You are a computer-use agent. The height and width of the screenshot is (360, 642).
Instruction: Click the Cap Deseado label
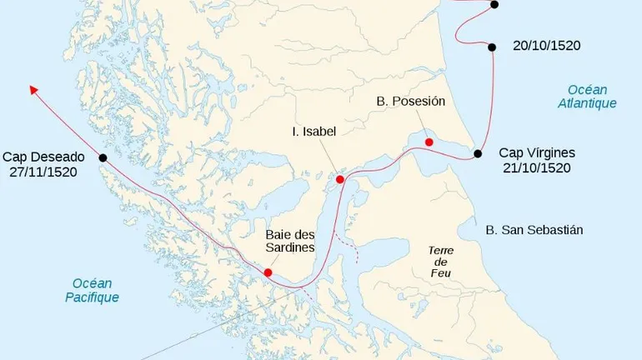coord(43,157)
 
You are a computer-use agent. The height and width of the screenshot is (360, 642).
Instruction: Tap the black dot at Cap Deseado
coord(103,157)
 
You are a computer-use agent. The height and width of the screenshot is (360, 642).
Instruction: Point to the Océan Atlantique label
coord(587,97)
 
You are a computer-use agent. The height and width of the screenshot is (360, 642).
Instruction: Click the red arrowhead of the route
coord(34,88)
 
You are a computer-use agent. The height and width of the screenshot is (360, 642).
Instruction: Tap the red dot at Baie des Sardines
coord(268,272)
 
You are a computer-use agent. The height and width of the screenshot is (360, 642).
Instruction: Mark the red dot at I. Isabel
coord(340,179)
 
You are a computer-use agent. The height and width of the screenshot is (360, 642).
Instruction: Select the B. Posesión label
coord(410,101)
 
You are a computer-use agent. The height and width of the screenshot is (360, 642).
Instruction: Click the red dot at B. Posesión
coord(429,142)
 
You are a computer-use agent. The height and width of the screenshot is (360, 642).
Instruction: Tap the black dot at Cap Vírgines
coord(478,153)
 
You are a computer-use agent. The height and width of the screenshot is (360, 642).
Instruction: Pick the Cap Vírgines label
coord(537,152)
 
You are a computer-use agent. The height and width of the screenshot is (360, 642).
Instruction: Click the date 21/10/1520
coord(537,167)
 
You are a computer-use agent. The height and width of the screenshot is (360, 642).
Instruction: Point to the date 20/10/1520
coord(546,47)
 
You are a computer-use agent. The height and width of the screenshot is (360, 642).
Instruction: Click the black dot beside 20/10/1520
coord(494,47)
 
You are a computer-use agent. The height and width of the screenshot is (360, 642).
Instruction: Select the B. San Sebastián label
coord(534,229)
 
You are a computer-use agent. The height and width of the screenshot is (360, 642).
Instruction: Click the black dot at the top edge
coord(494,4)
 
